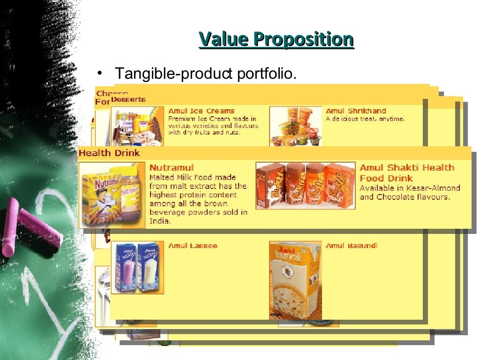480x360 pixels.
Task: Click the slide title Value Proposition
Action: click(276, 39)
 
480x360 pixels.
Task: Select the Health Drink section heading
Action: click(109, 153)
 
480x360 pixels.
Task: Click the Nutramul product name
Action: click(171, 167)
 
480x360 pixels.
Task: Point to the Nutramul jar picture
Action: click(112, 195)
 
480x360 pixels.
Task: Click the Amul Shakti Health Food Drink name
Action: click(406, 172)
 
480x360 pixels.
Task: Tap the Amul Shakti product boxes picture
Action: click(305, 186)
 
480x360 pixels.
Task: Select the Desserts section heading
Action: click(128, 99)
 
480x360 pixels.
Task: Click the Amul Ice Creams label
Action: click(201, 111)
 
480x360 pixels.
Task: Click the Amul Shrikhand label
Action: click(356, 111)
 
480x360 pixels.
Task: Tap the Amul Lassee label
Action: click(193, 246)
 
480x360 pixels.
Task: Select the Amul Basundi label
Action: click(351, 246)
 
